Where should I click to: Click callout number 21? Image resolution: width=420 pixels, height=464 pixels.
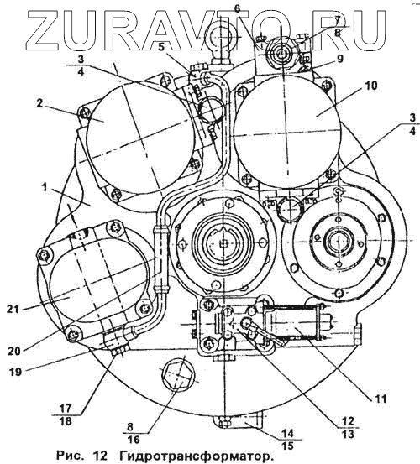click(x=13, y=310)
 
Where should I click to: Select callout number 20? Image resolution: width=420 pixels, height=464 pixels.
click(x=14, y=351)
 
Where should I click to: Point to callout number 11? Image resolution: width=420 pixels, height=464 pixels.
click(x=381, y=399)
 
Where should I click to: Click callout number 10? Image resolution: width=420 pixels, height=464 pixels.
click(x=370, y=86)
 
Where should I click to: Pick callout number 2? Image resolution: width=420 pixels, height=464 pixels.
click(x=40, y=103)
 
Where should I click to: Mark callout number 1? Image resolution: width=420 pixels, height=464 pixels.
click(x=45, y=187)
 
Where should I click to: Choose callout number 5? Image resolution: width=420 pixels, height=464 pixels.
click(x=160, y=47)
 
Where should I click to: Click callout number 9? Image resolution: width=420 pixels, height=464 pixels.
click(x=339, y=59)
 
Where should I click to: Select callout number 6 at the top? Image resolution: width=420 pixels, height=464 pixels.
click(x=237, y=8)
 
